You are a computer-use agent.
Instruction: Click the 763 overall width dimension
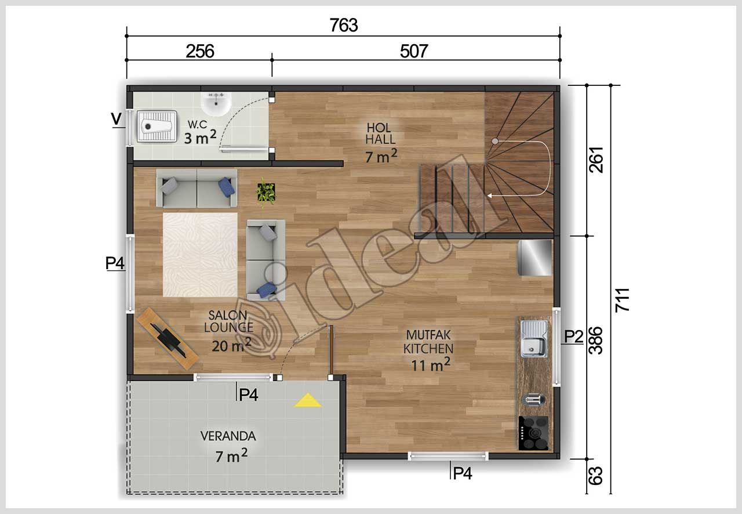click(344, 26)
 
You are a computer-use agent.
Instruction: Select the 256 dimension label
click(200, 52)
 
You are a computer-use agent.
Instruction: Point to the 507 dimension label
click(414, 52)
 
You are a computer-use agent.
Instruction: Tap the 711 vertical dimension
click(622, 300)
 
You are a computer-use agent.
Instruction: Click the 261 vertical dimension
click(596, 160)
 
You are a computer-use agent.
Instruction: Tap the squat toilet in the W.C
click(157, 126)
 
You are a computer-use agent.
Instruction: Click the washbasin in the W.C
click(216, 104)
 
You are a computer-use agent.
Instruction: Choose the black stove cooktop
click(533, 433)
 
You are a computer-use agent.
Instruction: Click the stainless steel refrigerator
click(534, 258)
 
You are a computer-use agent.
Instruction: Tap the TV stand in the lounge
click(168, 338)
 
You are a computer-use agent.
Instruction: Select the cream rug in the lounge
click(200, 255)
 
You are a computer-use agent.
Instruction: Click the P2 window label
click(573, 336)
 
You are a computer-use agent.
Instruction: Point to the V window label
click(117, 119)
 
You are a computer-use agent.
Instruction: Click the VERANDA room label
click(228, 436)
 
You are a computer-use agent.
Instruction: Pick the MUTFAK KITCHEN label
click(428, 342)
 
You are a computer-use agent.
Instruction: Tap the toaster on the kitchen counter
click(533, 399)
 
